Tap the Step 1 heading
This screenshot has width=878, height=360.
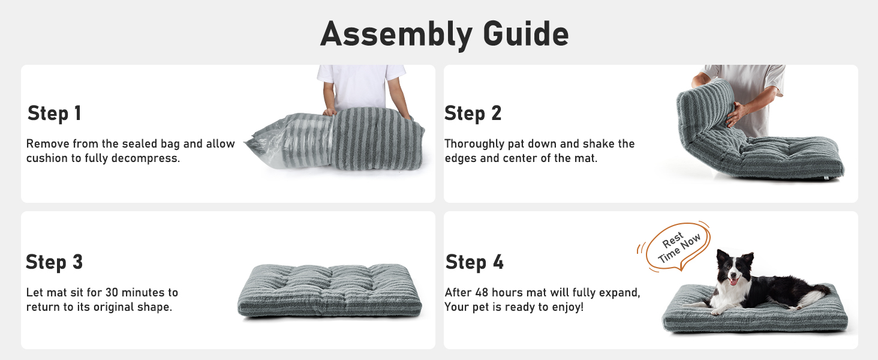click(x=54, y=113)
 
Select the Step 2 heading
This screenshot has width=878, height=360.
click(x=473, y=113)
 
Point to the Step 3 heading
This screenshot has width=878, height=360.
click(x=54, y=262)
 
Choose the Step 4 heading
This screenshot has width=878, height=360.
click(x=474, y=262)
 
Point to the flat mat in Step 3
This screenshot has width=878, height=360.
click(x=330, y=291)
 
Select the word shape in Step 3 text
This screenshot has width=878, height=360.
click(x=155, y=307)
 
